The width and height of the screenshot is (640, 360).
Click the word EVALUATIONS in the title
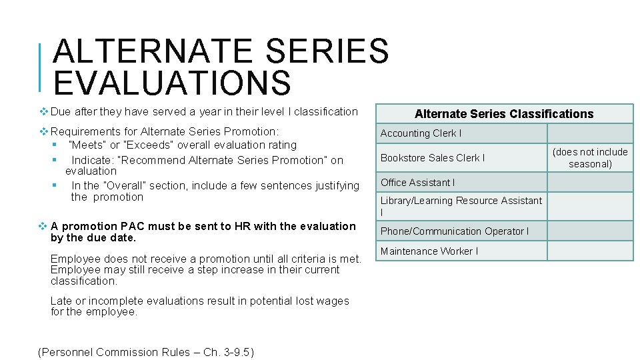172,83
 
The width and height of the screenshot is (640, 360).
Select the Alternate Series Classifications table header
503,114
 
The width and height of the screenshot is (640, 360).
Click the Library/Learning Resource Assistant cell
461,206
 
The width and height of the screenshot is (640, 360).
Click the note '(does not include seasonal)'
590,158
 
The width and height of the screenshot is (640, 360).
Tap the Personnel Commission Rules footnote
146,352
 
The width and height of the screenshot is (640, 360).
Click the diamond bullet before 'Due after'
44,112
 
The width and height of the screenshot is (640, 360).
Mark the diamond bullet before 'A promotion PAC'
44,227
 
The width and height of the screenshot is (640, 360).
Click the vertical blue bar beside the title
41,67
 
